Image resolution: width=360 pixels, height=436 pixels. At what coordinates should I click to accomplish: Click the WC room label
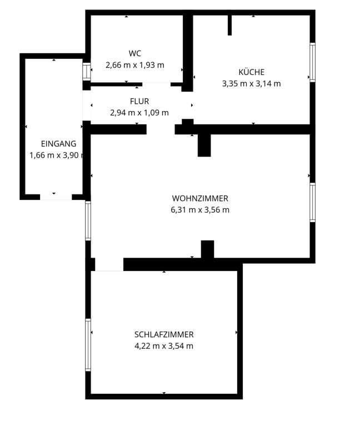[134, 53]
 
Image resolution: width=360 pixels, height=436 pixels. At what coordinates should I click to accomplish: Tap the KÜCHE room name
[252, 72]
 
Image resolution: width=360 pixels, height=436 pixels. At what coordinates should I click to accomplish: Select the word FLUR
[139, 101]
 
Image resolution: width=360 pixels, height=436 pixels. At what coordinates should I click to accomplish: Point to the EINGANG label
[58, 144]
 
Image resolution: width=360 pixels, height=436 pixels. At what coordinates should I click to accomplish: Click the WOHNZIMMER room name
[200, 198]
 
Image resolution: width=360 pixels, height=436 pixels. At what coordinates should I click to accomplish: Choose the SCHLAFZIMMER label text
[164, 334]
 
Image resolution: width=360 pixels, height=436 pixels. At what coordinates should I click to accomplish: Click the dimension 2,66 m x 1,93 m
[134, 65]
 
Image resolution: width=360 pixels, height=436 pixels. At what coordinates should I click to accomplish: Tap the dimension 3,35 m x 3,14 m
[251, 83]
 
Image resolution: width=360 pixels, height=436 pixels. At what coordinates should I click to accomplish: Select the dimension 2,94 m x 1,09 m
[139, 113]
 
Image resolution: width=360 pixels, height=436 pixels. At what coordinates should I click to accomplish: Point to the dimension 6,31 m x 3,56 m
[200, 210]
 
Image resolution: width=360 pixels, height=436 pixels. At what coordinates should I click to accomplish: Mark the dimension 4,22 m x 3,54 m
[164, 346]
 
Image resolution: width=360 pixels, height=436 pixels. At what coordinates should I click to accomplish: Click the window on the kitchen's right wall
[312, 62]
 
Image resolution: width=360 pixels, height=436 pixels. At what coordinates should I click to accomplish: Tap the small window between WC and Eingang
[87, 72]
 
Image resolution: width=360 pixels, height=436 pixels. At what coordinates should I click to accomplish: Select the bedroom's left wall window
[88, 345]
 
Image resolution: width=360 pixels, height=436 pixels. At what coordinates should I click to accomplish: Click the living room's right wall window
[312, 202]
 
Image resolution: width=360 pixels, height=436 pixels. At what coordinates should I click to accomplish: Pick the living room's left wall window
[88, 221]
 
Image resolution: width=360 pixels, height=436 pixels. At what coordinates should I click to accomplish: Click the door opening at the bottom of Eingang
[56, 197]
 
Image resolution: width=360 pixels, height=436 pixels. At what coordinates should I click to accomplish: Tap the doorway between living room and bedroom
[109, 264]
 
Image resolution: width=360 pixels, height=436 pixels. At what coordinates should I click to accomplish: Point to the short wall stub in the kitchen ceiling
[229, 25]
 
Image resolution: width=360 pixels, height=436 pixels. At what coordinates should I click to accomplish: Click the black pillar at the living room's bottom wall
[208, 249]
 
